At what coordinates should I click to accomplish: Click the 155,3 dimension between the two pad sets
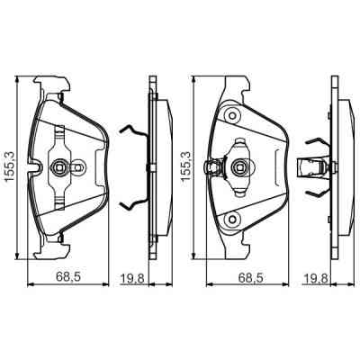[186, 167]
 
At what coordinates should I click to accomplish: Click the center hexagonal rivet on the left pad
[60, 167]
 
